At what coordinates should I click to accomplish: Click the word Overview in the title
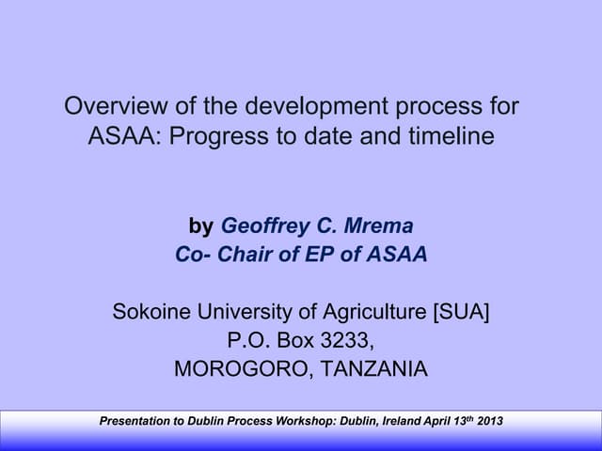[x=105, y=107]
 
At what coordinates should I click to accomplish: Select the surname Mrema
[x=379, y=226]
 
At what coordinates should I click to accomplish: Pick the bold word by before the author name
[x=200, y=226]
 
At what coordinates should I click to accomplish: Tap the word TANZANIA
[x=374, y=369]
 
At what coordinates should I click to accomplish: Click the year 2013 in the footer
[x=490, y=420]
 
